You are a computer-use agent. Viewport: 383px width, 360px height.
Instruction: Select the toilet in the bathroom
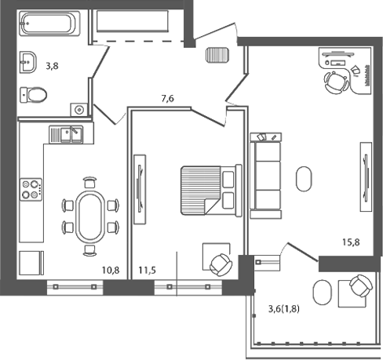33,95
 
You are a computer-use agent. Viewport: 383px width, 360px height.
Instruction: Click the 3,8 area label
52,67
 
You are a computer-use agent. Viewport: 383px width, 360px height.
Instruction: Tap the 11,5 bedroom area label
146,271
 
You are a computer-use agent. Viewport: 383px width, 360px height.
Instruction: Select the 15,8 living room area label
351,241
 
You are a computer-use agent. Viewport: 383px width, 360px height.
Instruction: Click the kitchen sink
67,135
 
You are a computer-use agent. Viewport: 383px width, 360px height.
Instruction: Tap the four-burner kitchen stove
31,188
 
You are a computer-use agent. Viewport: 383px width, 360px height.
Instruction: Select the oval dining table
89,216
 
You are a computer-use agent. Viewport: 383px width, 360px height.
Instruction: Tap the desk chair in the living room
336,82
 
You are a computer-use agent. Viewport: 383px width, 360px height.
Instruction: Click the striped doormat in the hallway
217,56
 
